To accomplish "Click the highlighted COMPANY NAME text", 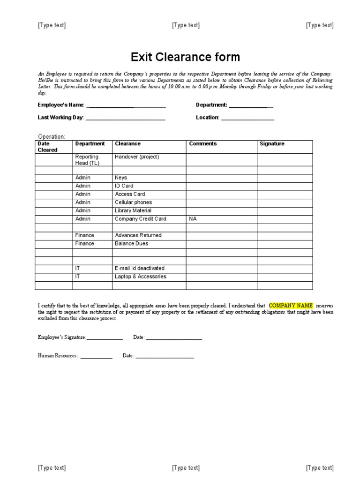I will tap(291, 305).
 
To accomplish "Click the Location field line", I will tap(247, 119).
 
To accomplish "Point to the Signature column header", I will tap(272, 144).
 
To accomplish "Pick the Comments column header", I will tap(202, 144).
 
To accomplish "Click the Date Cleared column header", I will tap(47, 147).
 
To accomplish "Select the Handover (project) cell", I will tap(137, 157).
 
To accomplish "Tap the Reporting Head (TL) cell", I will tap(87, 160).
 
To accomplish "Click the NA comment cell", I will tap(193, 219).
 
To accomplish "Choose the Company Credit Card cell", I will tap(141, 219).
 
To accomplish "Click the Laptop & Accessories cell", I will tap(141, 277).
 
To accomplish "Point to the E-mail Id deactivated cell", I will tap(140, 268).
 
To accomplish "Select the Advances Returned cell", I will tap(138, 235).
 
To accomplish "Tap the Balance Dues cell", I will tap(131, 244).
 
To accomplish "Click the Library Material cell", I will tap(133, 211).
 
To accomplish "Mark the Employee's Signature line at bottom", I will tap(105, 338).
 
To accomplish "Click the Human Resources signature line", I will tap(96, 357).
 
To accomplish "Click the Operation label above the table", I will tap(52, 136).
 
